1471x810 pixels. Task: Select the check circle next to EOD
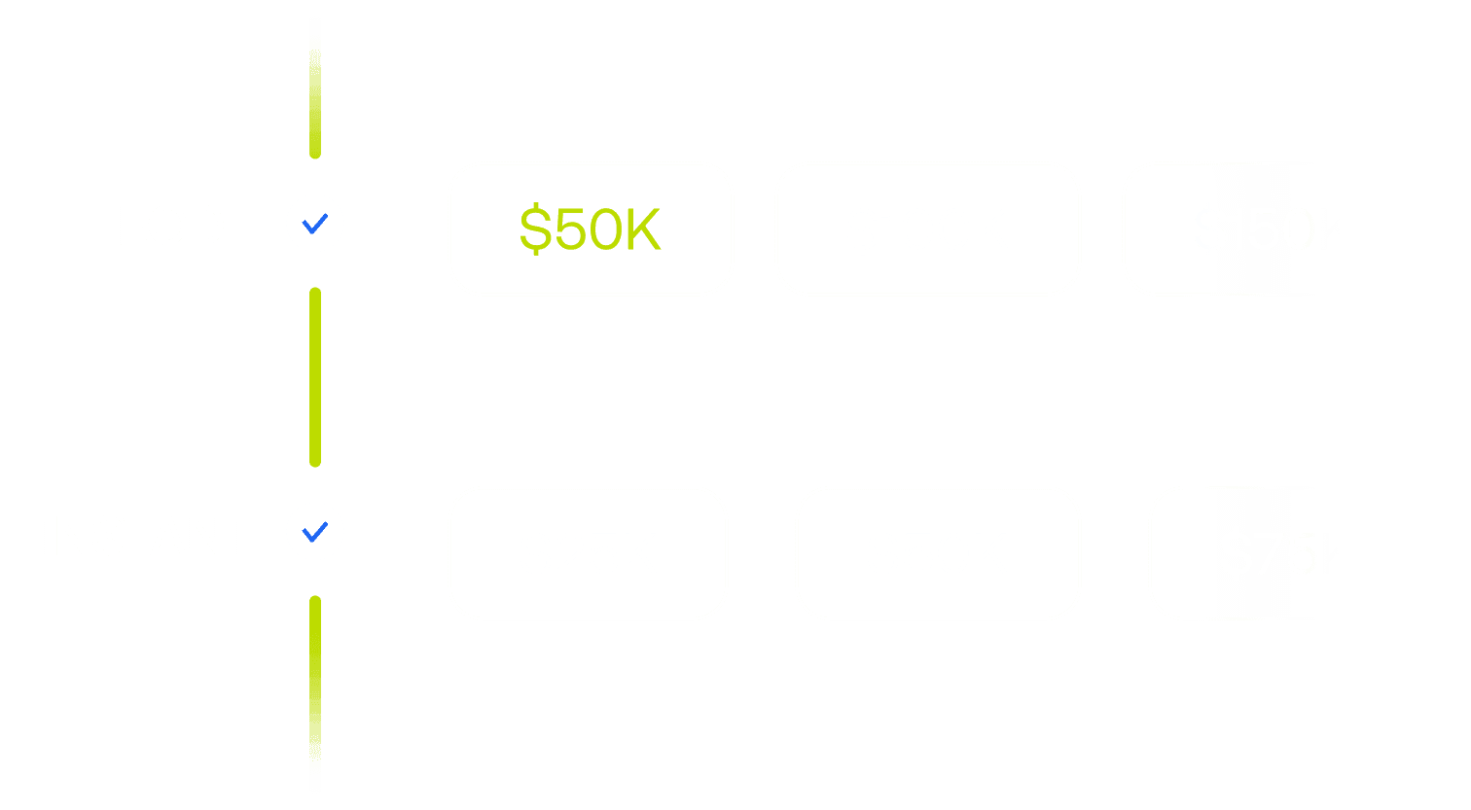(315, 224)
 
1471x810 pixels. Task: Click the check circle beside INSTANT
(315, 532)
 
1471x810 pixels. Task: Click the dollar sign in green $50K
(535, 229)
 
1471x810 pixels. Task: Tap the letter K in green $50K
(642, 229)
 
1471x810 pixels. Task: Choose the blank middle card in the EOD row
(927, 229)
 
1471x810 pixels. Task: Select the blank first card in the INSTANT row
(588, 552)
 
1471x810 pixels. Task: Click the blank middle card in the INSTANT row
(938, 552)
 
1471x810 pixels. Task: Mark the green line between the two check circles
(315, 377)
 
